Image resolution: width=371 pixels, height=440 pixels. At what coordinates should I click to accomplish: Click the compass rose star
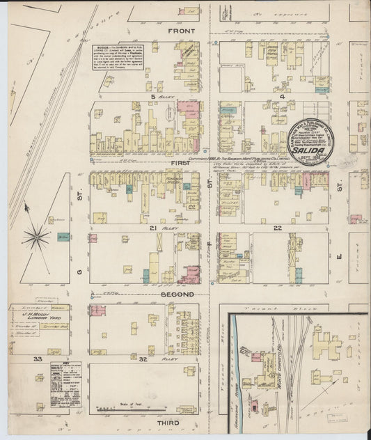(x=35, y=237)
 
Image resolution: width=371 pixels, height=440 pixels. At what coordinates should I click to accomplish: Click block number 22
(x=276, y=228)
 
